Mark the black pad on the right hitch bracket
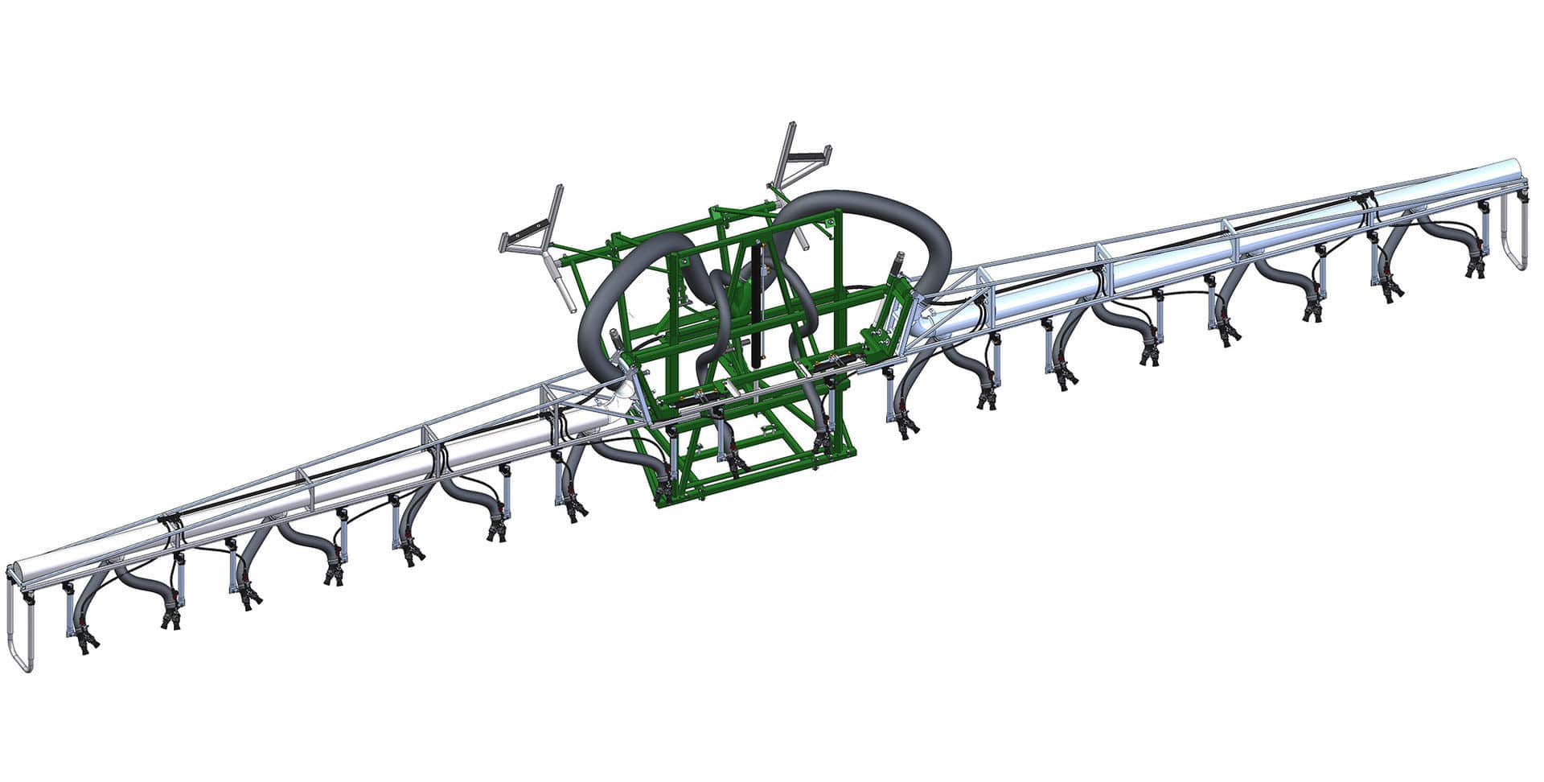812,153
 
